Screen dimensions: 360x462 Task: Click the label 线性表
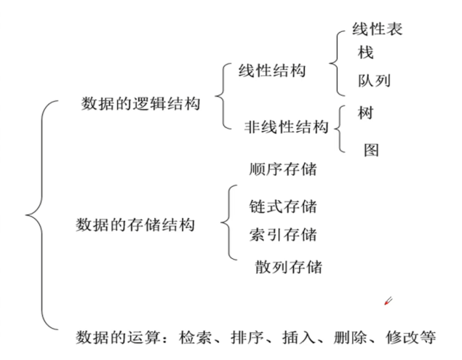(x=377, y=30)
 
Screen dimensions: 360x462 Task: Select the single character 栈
(x=365, y=53)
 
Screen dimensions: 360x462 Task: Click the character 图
(x=371, y=151)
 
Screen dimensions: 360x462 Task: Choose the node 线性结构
(x=272, y=71)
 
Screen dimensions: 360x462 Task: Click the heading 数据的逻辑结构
(x=140, y=103)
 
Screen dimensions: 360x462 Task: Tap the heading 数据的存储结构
(x=135, y=225)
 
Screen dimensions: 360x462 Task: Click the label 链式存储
(x=282, y=207)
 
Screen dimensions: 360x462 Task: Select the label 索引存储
(x=282, y=235)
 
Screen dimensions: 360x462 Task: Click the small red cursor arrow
(x=389, y=300)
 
